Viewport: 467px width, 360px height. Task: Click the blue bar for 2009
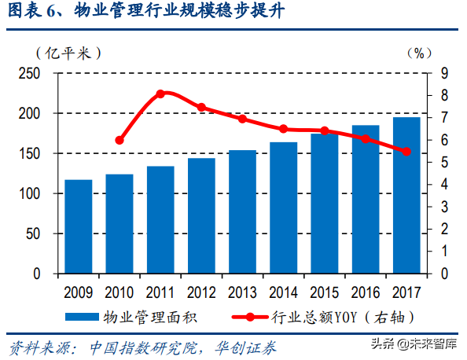pyautogui.click(x=78, y=226)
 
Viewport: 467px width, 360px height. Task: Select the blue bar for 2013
pyautogui.click(x=242, y=211)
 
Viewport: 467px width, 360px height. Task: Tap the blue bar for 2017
pyautogui.click(x=406, y=195)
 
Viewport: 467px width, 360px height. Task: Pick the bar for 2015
pyautogui.click(x=324, y=204)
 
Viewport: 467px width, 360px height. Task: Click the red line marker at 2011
pyautogui.click(x=160, y=94)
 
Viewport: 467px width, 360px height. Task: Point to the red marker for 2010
pyautogui.click(x=120, y=140)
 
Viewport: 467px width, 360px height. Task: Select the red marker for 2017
pyautogui.click(x=406, y=152)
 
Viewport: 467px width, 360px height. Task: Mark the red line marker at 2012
pyautogui.click(x=201, y=107)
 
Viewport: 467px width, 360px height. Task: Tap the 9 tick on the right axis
pyautogui.click(x=445, y=73)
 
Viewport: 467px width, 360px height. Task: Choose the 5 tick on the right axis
pyautogui.click(x=445, y=163)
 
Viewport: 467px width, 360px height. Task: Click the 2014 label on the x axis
pyautogui.click(x=283, y=292)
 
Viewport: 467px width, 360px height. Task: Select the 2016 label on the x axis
pyautogui.click(x=365, y=292)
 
